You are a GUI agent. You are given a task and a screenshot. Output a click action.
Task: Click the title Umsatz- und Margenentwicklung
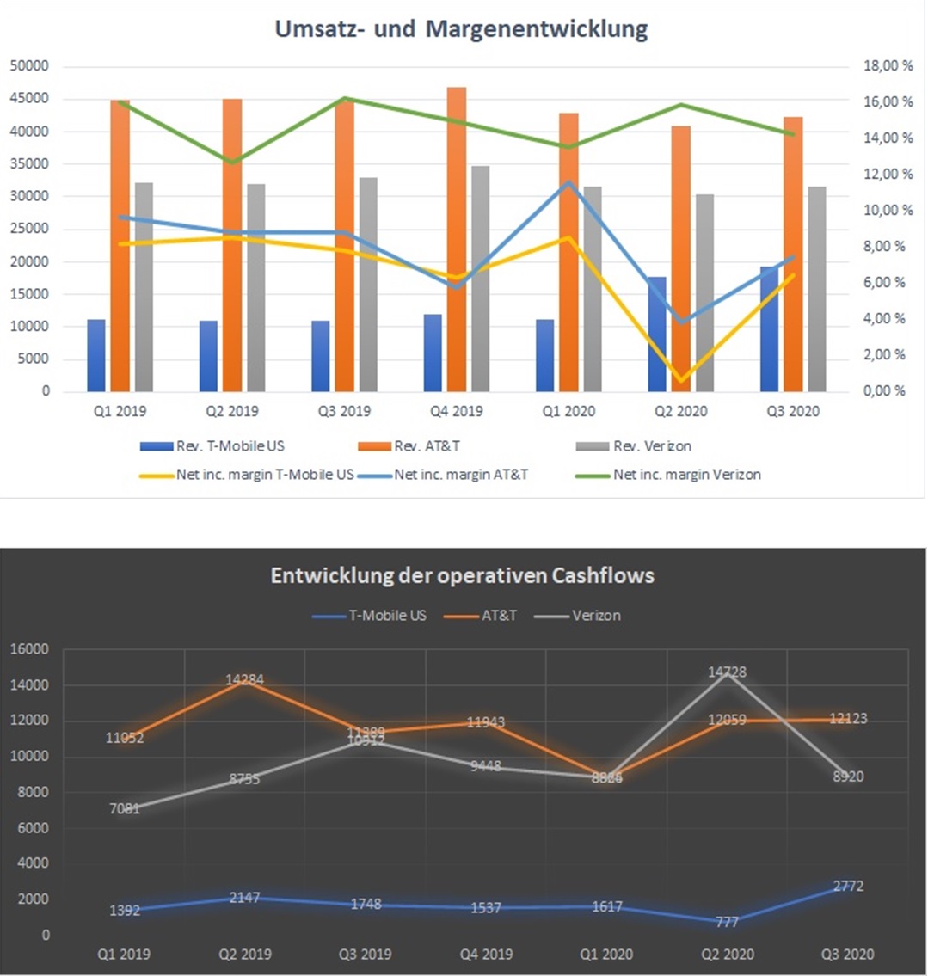(x=461, y=29)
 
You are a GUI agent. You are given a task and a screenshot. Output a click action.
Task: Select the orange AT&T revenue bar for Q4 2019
(x=457, y=241)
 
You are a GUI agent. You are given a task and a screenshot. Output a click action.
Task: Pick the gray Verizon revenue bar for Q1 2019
(x=144, y=288)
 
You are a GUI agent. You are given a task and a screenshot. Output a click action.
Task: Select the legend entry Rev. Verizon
(x=652, y=446)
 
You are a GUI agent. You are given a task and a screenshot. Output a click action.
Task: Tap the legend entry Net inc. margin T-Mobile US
(x=265, y=475)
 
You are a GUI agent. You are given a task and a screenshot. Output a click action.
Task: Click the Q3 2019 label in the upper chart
(x=345, y=411)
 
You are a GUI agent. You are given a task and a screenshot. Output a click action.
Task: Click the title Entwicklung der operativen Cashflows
(x=463, y=575)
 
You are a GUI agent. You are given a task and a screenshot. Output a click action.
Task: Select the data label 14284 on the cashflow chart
(x=245, y=679)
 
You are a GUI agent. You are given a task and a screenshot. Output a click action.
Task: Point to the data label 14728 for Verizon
(x=727, y=672)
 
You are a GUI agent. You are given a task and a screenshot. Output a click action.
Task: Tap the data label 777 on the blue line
(x=727, y=922)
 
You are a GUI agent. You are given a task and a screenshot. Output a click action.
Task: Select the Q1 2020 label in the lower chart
(x=606, y=954)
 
